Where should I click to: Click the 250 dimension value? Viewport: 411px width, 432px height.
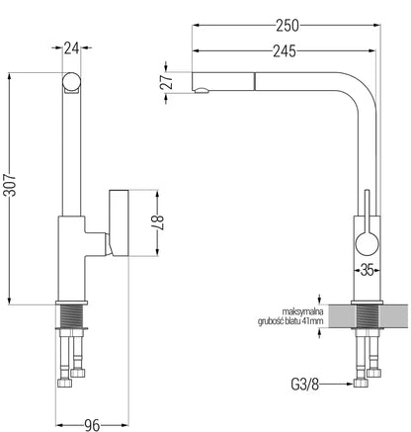288,26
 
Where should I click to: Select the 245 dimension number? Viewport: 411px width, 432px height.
285,51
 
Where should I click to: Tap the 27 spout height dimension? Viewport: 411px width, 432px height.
167,82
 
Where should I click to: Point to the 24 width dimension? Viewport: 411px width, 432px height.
71,48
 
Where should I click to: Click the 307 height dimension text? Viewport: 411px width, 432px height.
10,185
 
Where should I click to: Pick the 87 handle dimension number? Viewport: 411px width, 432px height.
157,223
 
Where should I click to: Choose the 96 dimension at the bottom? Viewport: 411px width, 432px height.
92,425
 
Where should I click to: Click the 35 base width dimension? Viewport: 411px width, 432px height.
368,271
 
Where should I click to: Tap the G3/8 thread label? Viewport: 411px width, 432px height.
305,385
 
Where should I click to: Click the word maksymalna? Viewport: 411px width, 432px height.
302,311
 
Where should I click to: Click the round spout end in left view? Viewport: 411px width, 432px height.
71,81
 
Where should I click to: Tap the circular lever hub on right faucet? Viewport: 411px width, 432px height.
367,243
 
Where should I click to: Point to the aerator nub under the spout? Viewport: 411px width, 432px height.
202,90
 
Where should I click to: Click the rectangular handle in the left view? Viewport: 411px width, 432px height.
119,223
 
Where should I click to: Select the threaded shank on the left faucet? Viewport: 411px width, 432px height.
71,316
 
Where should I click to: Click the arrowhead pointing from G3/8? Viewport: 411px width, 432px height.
350,384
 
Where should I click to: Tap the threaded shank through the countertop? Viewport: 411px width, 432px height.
368,316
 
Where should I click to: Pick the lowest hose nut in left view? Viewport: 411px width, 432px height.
64,383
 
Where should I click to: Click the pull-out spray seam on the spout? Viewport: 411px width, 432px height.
254,81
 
